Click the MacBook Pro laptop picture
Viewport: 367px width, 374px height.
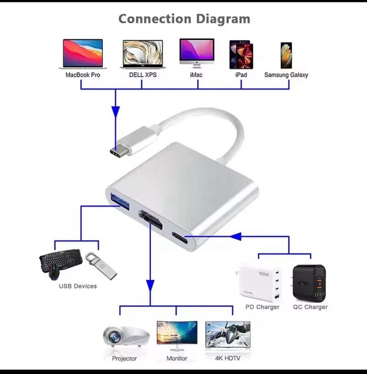point(83,54)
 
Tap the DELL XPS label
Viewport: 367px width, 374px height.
point(143,75)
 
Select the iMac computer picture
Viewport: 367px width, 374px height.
point(197,53)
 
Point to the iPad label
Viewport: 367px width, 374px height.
point(241,75)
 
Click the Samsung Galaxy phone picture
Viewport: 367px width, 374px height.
point(286,56)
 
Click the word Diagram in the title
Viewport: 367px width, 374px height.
point(223,19)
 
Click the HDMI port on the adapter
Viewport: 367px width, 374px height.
point(151,219)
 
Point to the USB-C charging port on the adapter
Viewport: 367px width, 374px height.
point(180,238)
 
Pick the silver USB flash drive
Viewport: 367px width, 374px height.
point(101,266)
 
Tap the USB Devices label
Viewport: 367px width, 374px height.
point(78,286)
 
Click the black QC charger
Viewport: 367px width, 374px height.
point(309,283)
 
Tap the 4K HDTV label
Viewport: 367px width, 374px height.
point(227,358)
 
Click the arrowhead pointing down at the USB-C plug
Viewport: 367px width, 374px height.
point(116,112)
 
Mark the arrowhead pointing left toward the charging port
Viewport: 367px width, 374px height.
point(236,236)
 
